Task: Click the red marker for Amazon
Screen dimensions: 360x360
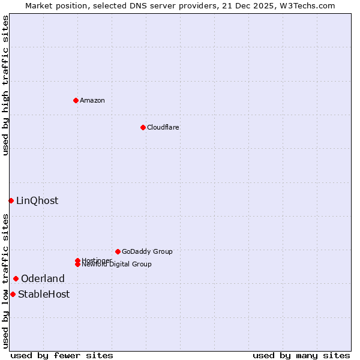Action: click(76, 100)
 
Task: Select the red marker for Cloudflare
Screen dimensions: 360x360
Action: click(143, 127)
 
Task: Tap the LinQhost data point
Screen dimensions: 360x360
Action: click(11, 200)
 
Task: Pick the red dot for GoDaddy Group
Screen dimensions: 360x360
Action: click(118, 251)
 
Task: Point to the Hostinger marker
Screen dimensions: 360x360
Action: click(77, 260)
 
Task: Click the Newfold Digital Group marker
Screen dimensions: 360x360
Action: click(77, 264)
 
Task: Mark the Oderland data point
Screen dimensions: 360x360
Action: click(16, 278)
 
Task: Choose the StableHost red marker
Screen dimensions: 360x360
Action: click(13, 294)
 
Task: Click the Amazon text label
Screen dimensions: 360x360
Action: click(92, 100)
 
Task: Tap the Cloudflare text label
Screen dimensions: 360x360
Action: click(163, 127)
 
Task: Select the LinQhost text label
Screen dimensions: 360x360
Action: click(37, 200)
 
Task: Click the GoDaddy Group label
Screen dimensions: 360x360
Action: click(147, 251)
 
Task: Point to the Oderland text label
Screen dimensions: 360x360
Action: click(43, 278)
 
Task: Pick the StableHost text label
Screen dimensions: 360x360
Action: click(44, 294)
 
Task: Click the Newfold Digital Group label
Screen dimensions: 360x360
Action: click(116, 265)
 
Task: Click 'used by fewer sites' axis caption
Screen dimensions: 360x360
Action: click(62, 355)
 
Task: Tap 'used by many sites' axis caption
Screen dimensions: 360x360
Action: click(301, 355)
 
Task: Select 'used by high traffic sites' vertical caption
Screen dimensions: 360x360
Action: click(5, 85)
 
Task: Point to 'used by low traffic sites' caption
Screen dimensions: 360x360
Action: click(5, 281)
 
